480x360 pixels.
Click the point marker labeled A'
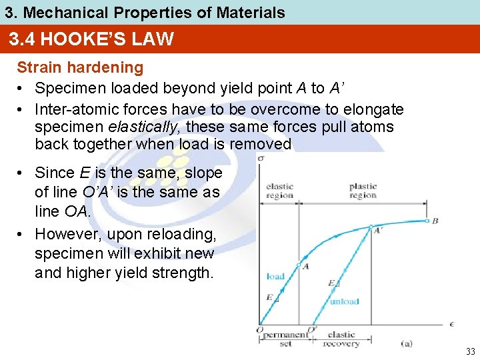point(371,227)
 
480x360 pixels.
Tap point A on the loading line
point(299,265)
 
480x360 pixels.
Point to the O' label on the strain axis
point(312,330)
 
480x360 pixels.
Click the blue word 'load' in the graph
point(275,276)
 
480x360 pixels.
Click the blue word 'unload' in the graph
point(345,301)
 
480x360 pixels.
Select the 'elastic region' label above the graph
point(279,191)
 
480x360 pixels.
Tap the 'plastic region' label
point(363,191)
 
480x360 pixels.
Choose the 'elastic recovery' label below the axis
point(341,339)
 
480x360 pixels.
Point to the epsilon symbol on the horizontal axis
point(453,324)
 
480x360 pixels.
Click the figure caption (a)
point(407,343)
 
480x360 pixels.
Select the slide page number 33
point(470,351)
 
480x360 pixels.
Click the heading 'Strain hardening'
point(80,67)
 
